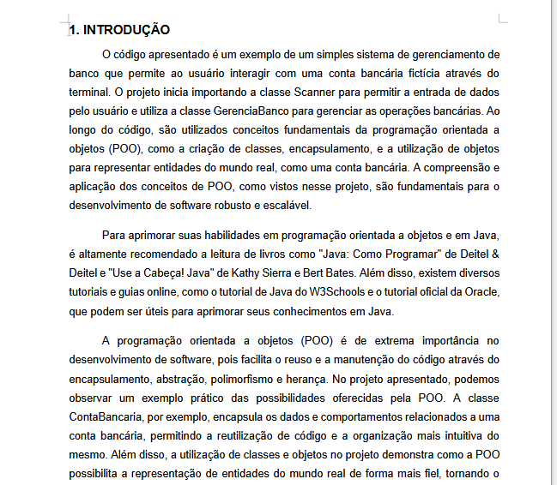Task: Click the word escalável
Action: (x=288, y=205)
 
